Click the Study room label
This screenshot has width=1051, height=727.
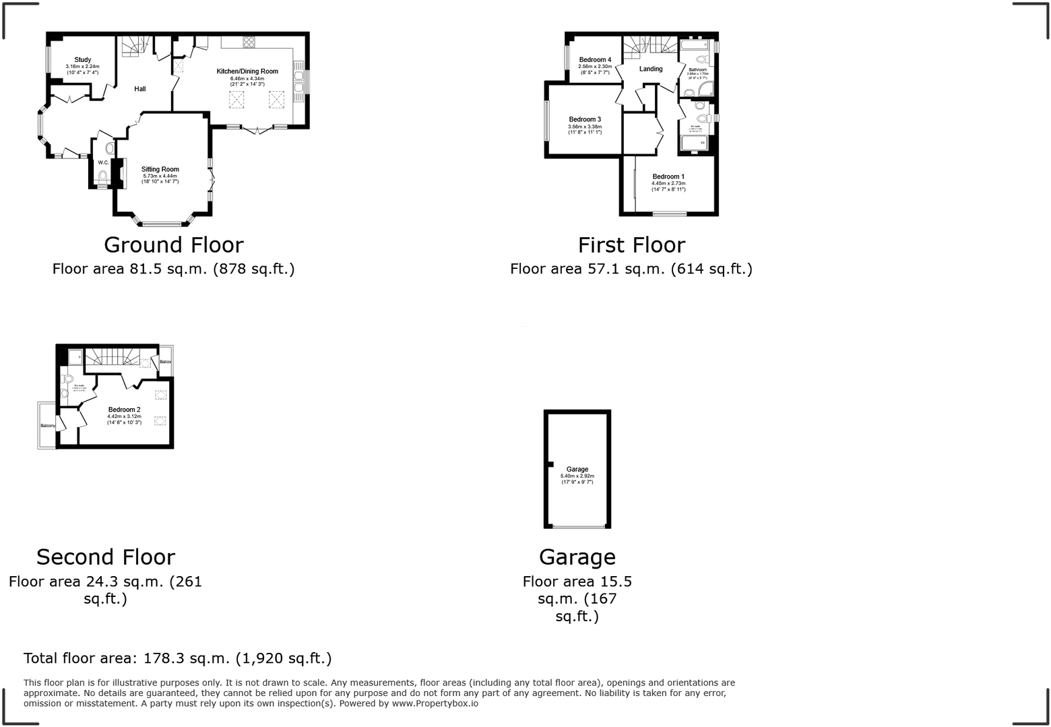click(x=82, y=60)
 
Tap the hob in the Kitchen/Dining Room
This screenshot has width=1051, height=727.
click(x=249, y=42)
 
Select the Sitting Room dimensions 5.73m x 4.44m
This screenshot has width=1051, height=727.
click(x=160, y=176)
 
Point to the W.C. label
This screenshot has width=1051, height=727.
click(x=103, y=162)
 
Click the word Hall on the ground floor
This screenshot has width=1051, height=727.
click(x=139, y=89)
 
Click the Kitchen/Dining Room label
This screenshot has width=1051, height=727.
click(x=247, y=71)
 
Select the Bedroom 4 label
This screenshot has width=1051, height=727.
click(x=595, y=60)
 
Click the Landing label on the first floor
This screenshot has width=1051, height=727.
click(x=650, y=69)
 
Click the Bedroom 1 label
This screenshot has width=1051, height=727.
click(x=668, y=177)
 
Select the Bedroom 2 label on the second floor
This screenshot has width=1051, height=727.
click(x=124, y=410)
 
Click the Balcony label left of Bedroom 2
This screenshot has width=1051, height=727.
click(x=47, y=426)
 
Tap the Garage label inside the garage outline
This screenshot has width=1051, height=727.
click(x=577, y=469)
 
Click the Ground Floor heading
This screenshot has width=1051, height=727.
click(x=173, y=245)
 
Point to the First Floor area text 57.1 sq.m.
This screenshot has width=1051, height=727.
click(x=631, y=269)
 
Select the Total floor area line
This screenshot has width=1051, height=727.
click(x=177, y=658)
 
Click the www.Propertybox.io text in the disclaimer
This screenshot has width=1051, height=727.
click(x=435, y=703)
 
